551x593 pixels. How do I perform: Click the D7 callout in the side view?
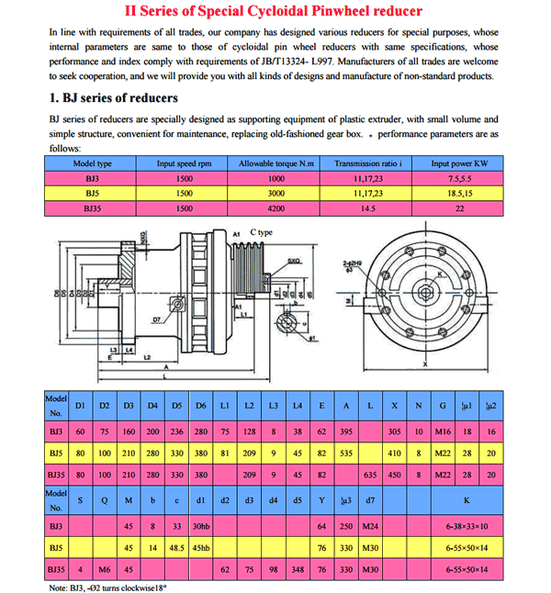point(158,319)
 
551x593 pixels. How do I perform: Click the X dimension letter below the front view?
point(425,364)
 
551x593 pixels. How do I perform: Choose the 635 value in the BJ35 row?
point(370,475)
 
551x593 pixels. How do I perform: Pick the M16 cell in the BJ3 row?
point(444,430)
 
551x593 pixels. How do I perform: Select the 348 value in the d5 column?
point(296,571)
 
